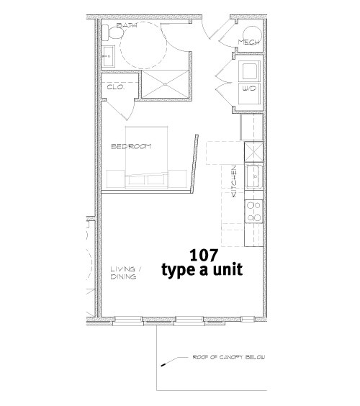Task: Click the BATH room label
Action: [127, 26]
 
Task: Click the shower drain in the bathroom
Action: [165, 84]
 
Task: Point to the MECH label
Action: [249, 42]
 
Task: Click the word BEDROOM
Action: [130, 147]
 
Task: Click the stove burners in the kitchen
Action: [253, 210]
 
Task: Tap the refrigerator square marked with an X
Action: [254, 152]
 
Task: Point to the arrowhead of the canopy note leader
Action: [163, 364]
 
